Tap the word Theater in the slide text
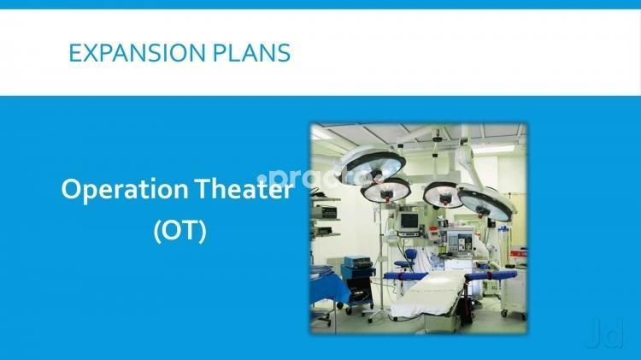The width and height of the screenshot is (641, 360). coord(244,189)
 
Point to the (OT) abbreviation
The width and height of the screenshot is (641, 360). coord(179,231)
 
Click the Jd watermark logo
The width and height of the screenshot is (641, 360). coord(605,333)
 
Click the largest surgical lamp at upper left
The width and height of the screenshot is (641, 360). coord(373,166)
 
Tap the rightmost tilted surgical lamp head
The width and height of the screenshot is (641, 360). coord(485,203)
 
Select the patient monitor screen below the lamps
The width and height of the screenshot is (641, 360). coord(409,221)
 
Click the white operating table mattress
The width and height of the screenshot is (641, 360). coord(429,292)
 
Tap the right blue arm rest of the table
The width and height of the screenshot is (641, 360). coord(492,274)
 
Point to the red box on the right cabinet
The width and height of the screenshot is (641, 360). coord(519,252)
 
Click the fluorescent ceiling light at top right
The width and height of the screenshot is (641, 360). coord(491,150)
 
